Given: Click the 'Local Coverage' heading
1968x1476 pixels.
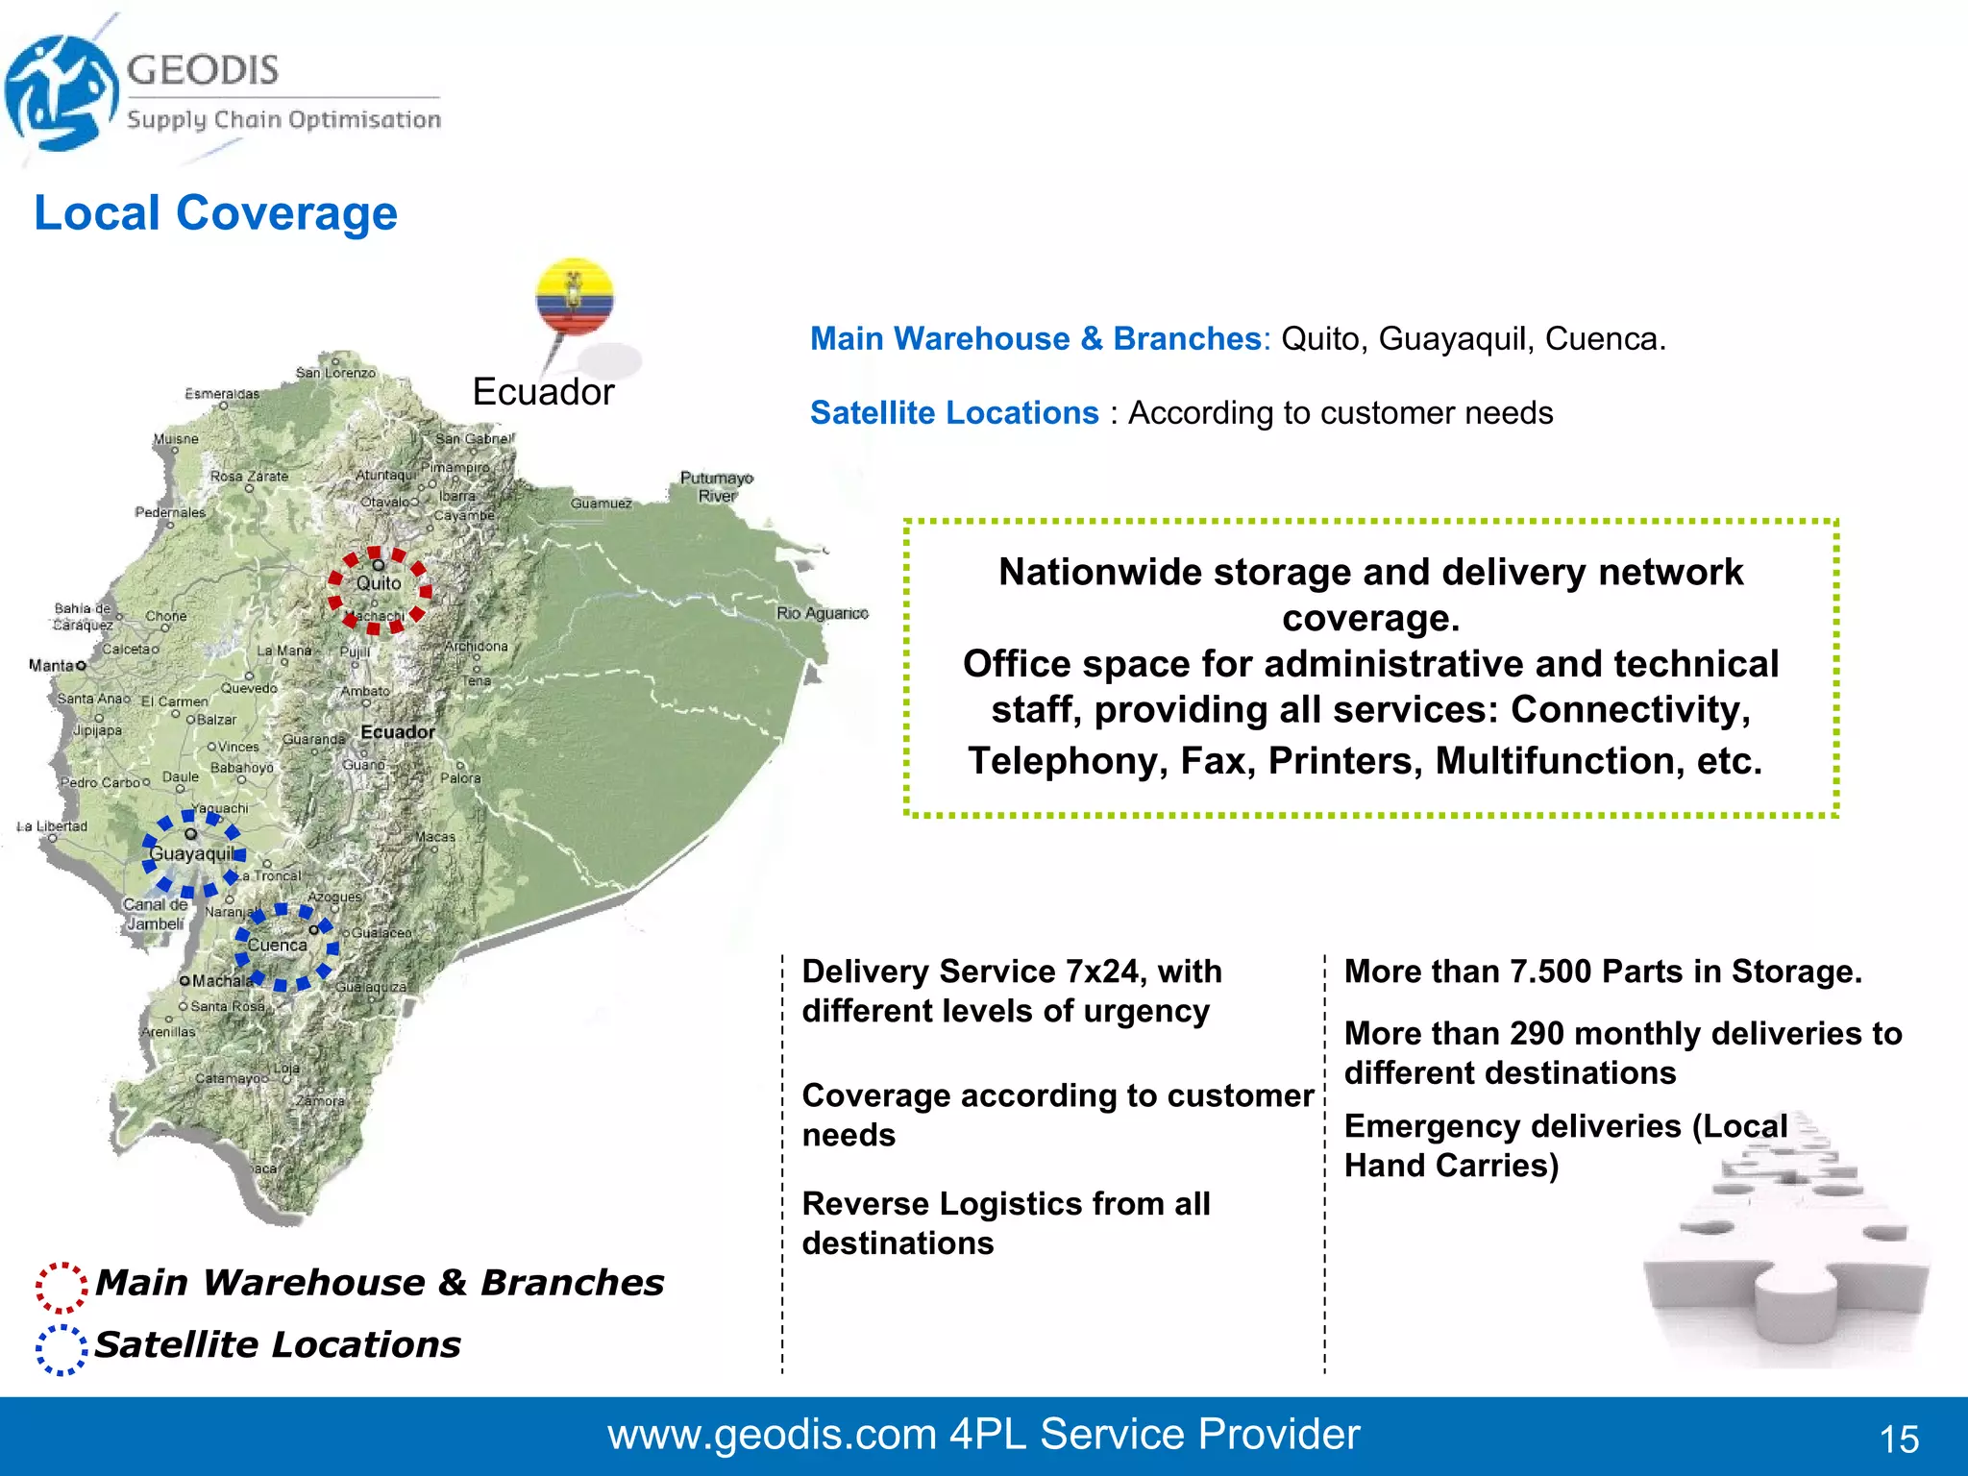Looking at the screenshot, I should coord(215,212).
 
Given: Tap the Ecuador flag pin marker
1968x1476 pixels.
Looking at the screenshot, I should coord(574,299).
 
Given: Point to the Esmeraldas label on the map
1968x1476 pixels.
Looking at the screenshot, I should coord(222,394).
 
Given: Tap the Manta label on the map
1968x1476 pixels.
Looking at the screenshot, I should coord(52,665).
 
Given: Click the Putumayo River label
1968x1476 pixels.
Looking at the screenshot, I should coord(717,486).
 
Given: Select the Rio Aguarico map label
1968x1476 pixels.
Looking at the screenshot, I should coord(823,613).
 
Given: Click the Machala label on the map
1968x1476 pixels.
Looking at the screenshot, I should coord(220,981).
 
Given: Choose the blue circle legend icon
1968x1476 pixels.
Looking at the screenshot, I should coord(61,1349).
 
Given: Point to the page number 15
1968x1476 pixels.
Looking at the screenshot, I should coord(1899,1439).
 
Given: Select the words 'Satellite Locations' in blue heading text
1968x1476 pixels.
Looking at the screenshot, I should coord(954,412).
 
